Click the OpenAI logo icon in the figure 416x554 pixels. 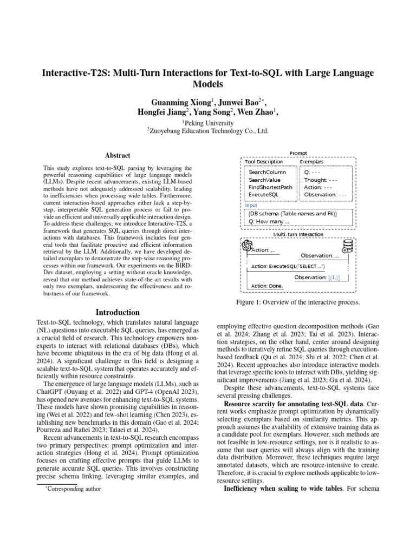(247, 246)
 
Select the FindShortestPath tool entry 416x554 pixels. (270, 187)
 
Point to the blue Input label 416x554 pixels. (251, 205)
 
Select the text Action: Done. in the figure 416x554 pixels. (268, 286)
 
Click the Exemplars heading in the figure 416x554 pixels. (311, 161)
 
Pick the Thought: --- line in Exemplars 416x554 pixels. (321, 179)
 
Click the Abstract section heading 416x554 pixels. (117, 155)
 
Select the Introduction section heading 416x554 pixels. (118, 312)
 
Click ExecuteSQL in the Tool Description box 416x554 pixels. (263, 194)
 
